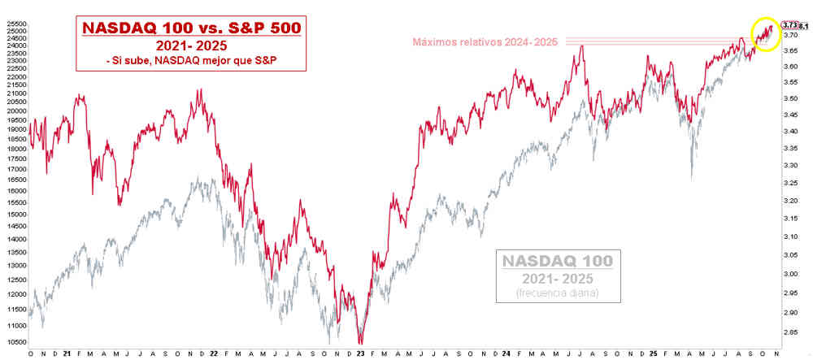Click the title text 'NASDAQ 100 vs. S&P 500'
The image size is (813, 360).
coord(191,28)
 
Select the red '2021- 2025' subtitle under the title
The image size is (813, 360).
coord(191,46)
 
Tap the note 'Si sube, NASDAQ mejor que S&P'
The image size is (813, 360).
coord(191,61)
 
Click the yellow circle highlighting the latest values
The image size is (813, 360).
coord(763,33)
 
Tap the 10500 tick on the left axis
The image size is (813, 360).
coord(16,325)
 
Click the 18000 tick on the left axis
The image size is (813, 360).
coord(16,139)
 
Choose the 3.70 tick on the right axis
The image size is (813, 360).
coord(791,36)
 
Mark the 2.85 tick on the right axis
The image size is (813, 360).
coord(791,332)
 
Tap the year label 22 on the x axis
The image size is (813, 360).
coord(212,354)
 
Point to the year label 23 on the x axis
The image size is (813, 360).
coord(359,354)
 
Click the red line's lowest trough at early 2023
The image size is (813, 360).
coord(360,343)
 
